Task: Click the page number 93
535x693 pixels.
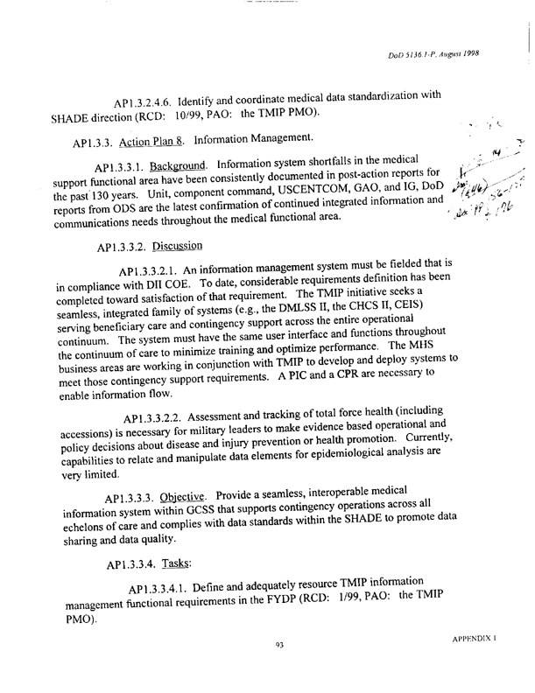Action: pos(279,669)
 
